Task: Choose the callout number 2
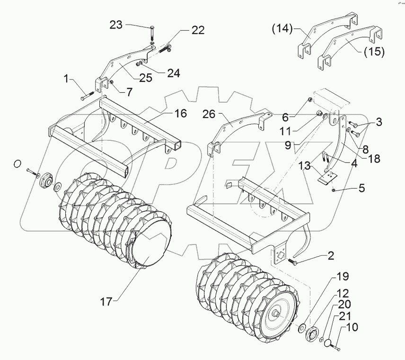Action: click(x=330, y=256)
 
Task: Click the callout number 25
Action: click(x=145, y=78)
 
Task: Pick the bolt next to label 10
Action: click(x=339, y=348)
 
